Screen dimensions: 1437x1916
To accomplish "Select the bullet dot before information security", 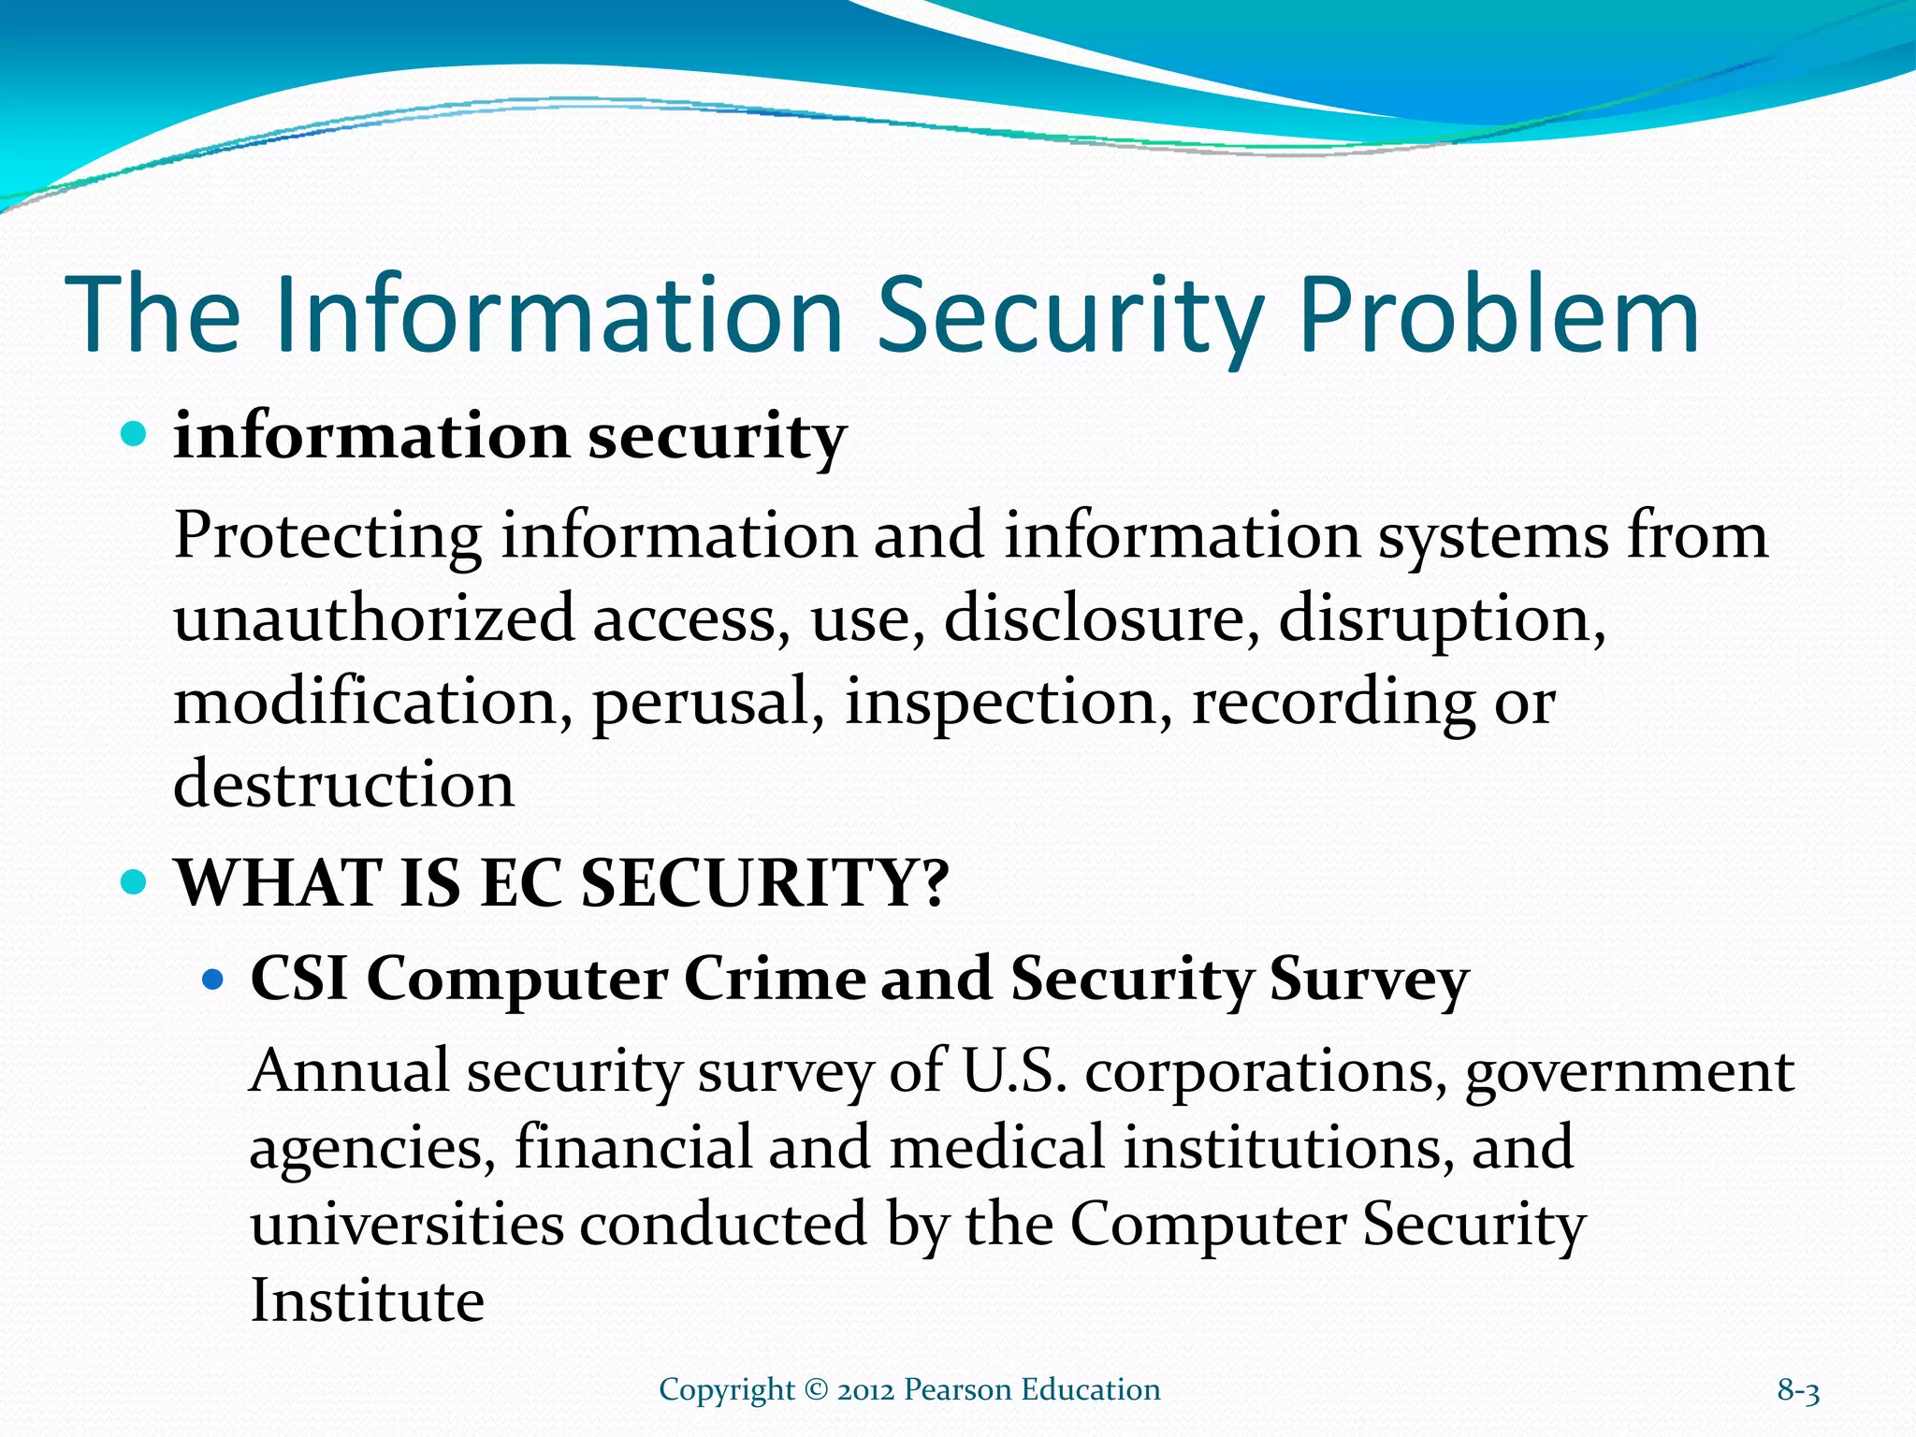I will [136, 434].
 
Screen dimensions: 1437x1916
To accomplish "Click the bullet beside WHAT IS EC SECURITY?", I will [136, 881].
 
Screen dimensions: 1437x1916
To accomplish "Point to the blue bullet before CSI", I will [214, 980].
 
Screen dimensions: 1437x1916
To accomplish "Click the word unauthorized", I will [373, 619].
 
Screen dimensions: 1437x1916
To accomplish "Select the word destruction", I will [343, 784].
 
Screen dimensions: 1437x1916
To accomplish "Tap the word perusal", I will [708, 703].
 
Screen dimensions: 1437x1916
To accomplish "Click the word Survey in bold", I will [1369, 980].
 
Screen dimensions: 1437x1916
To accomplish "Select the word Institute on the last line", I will [367, 1300].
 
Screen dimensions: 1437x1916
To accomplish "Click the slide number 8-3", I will [1798, 1391].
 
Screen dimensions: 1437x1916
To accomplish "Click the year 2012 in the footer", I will [866, 1390].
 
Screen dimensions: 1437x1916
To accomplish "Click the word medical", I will [996, 1148].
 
